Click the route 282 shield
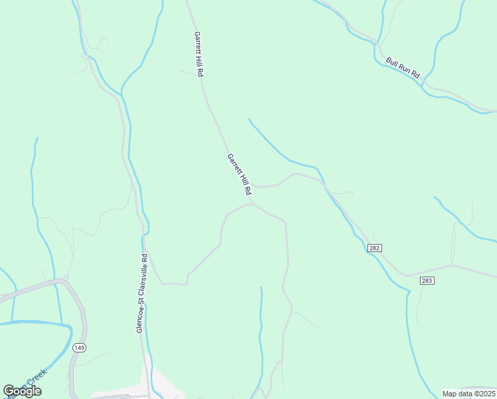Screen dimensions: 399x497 (375, 247)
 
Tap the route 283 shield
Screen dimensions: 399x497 (427, 281)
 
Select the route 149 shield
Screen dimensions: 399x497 (80, 347)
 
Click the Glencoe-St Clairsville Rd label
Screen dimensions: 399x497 (141, 293)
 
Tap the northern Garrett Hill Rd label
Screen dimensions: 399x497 (198, 53)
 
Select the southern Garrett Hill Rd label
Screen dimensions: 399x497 (240, 174)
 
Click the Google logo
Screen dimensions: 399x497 (22, 391)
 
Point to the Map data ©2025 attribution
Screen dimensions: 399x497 (468, 394)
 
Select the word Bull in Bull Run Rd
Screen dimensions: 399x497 (391, 62)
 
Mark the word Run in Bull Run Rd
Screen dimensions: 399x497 (403, 68)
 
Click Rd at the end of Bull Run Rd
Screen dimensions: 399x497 (416, 75)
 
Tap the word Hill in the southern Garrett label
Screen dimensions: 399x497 (243, 178)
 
